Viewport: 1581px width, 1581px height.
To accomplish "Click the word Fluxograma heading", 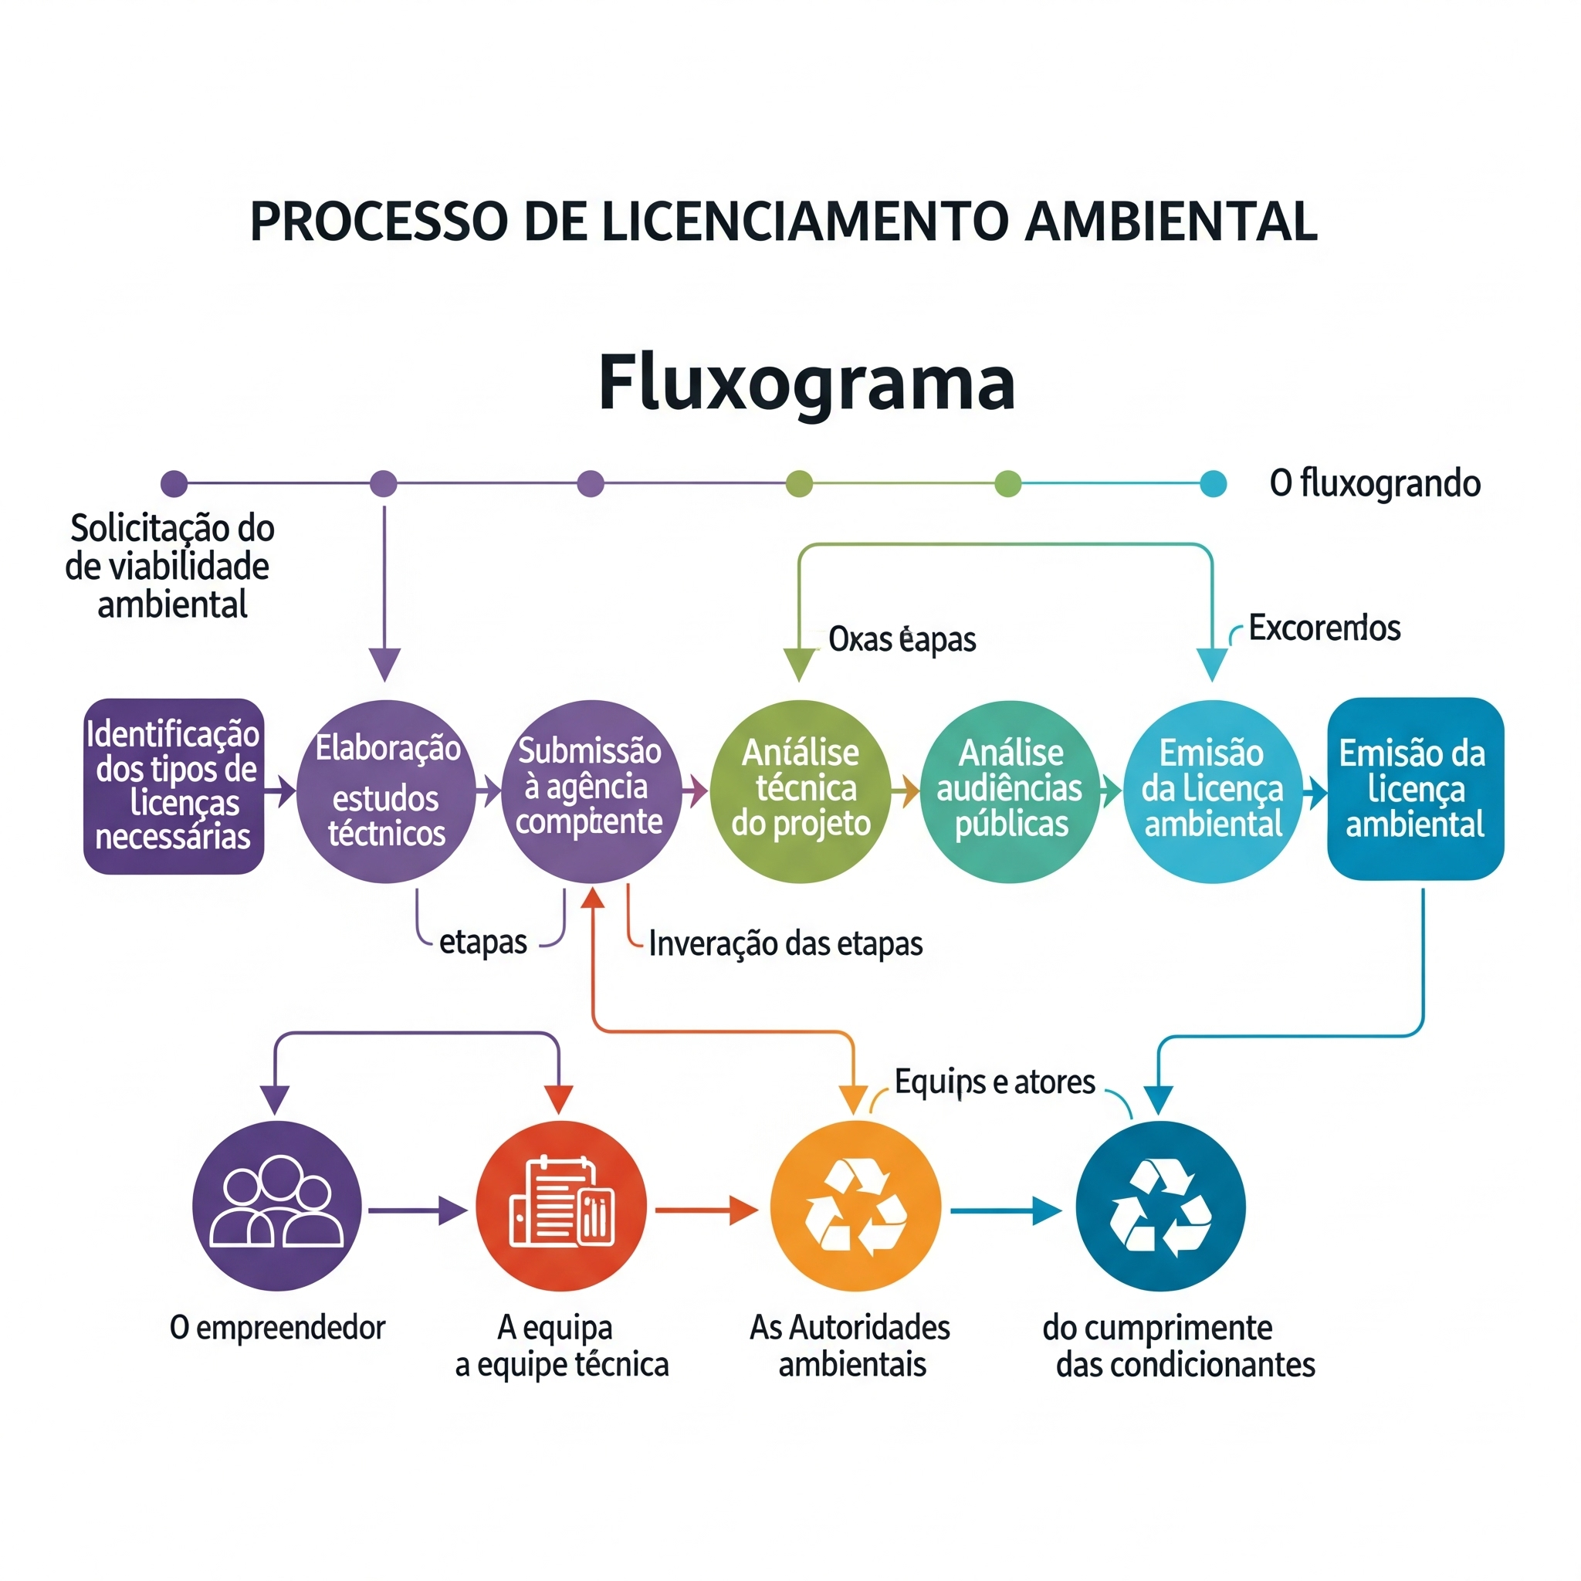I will pyautogui.click(x=806, y=382).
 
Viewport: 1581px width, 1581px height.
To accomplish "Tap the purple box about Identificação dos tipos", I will pyautogui.click(x=174, y=786).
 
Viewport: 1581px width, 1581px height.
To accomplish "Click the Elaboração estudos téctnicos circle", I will pyautogui.click(x=386, y=790).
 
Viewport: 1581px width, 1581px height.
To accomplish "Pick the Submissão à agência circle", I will pyautogui.click(x=591, y=790).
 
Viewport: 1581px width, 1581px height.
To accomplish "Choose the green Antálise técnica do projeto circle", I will pyautogui.click(x=801, y=790).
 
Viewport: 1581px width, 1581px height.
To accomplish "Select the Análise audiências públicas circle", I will pyautogui.click(x=1010, y=790).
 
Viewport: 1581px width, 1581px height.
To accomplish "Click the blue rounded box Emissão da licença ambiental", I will pyautogui.click(x=1415, y=788).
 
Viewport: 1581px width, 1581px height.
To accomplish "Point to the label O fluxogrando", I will pyautogui.click(x=1375, y=482).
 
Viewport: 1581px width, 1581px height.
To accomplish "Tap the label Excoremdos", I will pyautogui.click(x=1324, y=628).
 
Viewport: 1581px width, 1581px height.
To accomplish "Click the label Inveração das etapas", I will pyautogui.click(x=785, y=943).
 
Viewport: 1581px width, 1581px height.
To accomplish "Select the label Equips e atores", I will pyautogui.click(x=994, y=1082).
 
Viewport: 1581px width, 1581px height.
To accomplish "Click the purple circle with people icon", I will pyautogui.click(x=276, y=1207).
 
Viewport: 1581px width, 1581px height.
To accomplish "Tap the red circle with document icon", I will pyautogui.click(x=561, y=1207).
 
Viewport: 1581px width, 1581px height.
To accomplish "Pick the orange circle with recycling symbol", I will pyautogui.click(x=855, y=1207).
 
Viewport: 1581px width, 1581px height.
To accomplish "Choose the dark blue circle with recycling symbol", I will pyautogui.click(x=1160, y=1207).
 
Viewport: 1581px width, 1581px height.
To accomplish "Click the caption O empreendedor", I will pyautogui.click(x=276, y=1327).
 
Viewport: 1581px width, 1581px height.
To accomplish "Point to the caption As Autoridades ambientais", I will pyautogui.click(x=850, y=1346).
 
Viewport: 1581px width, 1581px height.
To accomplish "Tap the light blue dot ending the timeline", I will pyautogui.click(x=1213, y=483).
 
